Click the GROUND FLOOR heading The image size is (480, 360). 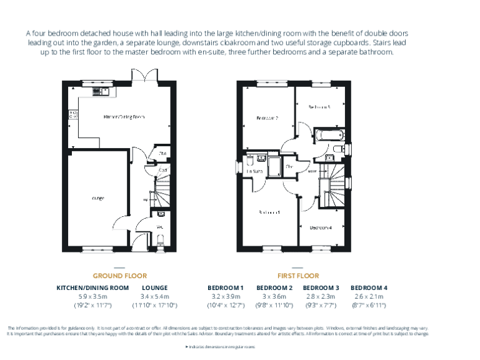[x=119, y=276]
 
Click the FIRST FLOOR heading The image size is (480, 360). [x=298, y=276]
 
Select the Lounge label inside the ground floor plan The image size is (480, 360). [x=97, y=198]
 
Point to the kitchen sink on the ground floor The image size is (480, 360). [x=100, y=91]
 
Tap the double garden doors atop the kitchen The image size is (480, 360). [x=143, y=76]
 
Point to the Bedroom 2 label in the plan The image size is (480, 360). [x=267, y=117]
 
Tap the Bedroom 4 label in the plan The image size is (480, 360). [x=321, y=227]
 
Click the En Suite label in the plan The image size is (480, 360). [x=253, y=171]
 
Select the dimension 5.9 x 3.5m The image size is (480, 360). [x=92, y=296]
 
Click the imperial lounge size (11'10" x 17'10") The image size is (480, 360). [x=154, y=305]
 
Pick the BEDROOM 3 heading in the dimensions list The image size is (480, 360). [x=321, y=287]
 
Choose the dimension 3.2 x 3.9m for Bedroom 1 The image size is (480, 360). [x=226, y=296]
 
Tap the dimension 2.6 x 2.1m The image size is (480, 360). [x=369, y=296]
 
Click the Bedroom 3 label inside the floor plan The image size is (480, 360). [x=319, y=107]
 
